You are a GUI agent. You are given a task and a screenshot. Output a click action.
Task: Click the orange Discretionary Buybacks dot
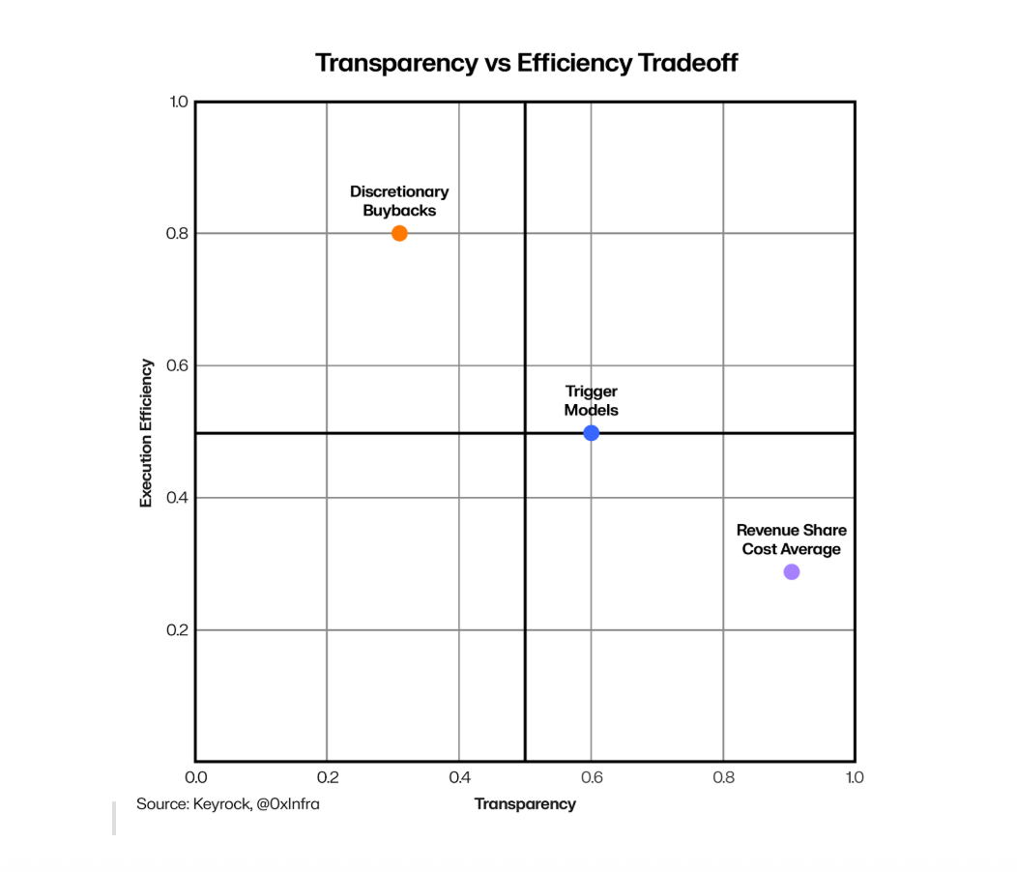399,233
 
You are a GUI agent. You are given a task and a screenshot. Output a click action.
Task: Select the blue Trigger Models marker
592,433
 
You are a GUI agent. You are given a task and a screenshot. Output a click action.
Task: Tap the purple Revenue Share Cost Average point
792,572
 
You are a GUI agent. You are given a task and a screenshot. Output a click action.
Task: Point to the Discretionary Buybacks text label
399,201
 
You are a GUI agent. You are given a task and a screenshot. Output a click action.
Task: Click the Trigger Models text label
592,400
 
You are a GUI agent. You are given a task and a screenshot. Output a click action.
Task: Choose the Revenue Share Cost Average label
792,539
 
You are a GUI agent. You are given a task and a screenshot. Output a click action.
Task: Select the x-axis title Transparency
525,804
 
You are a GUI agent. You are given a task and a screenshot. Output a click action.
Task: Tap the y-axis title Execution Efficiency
146,433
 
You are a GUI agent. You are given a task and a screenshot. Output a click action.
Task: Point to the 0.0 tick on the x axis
195,777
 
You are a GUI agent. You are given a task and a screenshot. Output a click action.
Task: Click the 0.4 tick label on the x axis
459,777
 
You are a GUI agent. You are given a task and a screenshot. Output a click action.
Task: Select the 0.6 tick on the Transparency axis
592,777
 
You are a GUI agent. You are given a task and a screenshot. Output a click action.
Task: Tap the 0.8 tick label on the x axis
723,777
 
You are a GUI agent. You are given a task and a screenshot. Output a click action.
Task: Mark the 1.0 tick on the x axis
854,777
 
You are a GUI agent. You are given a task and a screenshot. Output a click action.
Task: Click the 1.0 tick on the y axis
178,102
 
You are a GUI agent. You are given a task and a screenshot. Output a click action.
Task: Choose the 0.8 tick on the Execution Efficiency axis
178,234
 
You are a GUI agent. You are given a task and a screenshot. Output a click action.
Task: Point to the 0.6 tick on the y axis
178,366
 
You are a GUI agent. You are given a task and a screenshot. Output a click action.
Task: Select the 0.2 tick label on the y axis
178,630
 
